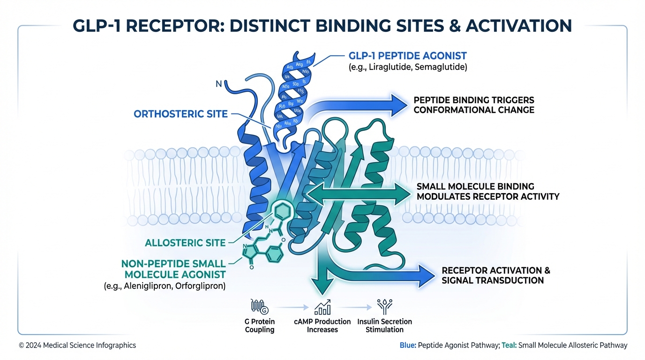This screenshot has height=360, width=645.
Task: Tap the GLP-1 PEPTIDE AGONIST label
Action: coord(408,56)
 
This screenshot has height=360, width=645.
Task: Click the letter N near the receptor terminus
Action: coord(218,85)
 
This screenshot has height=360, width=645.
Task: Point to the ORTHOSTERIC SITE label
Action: coord(181,114)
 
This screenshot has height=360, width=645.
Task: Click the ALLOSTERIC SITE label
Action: coord(185,243)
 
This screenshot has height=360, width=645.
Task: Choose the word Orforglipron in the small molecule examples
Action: coord(200,285)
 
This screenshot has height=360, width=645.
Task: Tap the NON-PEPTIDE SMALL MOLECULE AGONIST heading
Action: coord(174,269)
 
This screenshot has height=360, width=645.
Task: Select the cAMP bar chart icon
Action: coord(322,307)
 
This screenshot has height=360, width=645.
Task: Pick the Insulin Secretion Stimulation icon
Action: coord(384,307)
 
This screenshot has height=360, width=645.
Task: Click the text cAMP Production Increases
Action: coord(322,325)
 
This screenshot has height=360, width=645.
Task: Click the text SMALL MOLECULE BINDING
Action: coord(475,187)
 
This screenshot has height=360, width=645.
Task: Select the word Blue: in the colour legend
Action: coord(407,345)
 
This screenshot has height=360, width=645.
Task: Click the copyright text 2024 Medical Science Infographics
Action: coord(81,345)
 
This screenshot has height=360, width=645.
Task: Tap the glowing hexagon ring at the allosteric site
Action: coord(282,211)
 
